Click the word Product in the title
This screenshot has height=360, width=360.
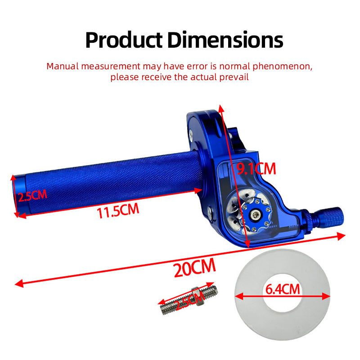tap(124, 40)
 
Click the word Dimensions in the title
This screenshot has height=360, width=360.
tap(225, 40)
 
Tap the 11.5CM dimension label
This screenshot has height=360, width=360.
tap(118, 210)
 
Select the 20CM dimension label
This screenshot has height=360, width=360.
tap(195, 267)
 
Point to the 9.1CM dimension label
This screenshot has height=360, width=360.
tap(256, 169)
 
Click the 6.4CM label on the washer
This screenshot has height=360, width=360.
tap(283, 289)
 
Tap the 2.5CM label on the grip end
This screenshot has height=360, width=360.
tap(32, 196)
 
